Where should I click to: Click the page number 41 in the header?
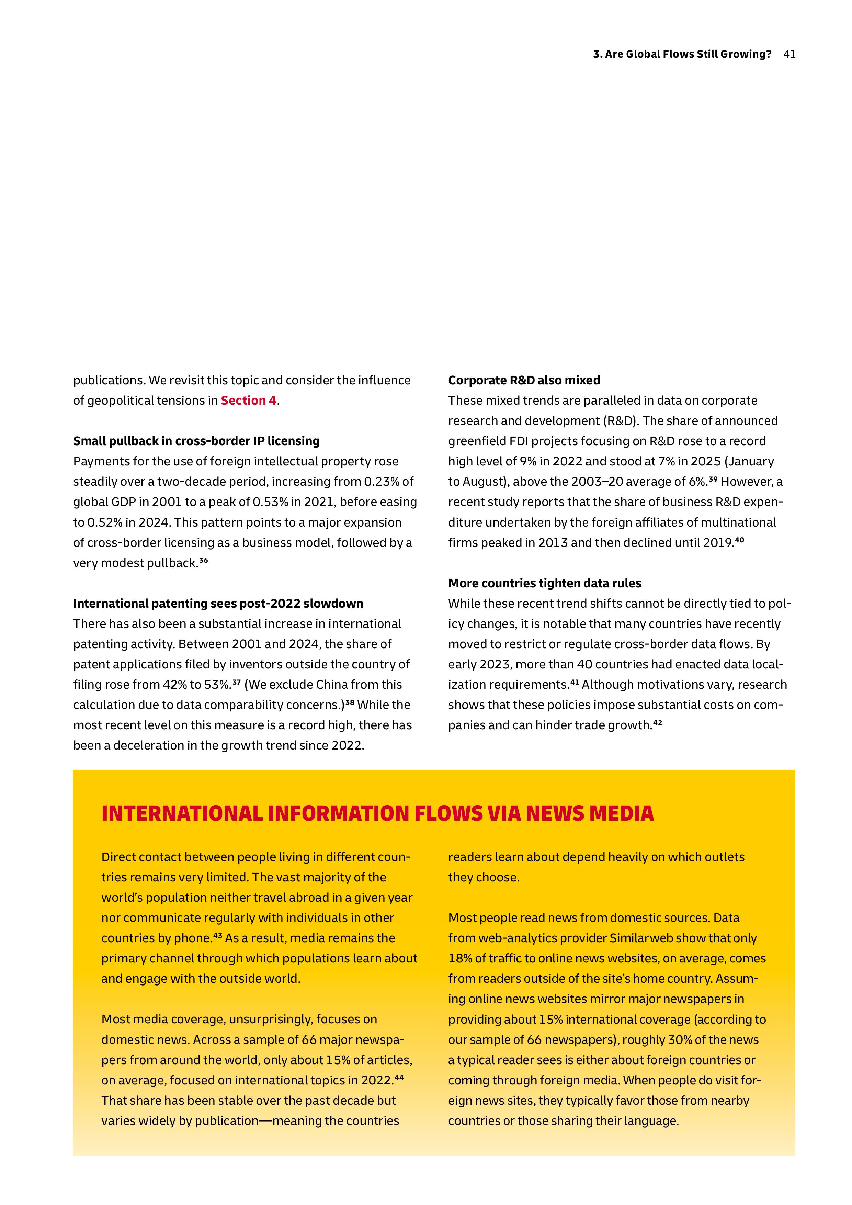(x=789, y=54)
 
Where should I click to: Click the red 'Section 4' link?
(x=248, y=401)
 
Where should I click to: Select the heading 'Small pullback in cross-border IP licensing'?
(x=196, y=441)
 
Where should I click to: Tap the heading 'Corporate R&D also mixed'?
(x=524, y=380)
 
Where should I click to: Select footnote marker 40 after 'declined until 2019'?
(x=739, y=540)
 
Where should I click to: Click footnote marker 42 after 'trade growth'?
(x=657, y=723)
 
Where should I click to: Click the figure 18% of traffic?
(x=459, y=959)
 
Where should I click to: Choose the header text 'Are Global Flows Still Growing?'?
(x=688, y=54)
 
